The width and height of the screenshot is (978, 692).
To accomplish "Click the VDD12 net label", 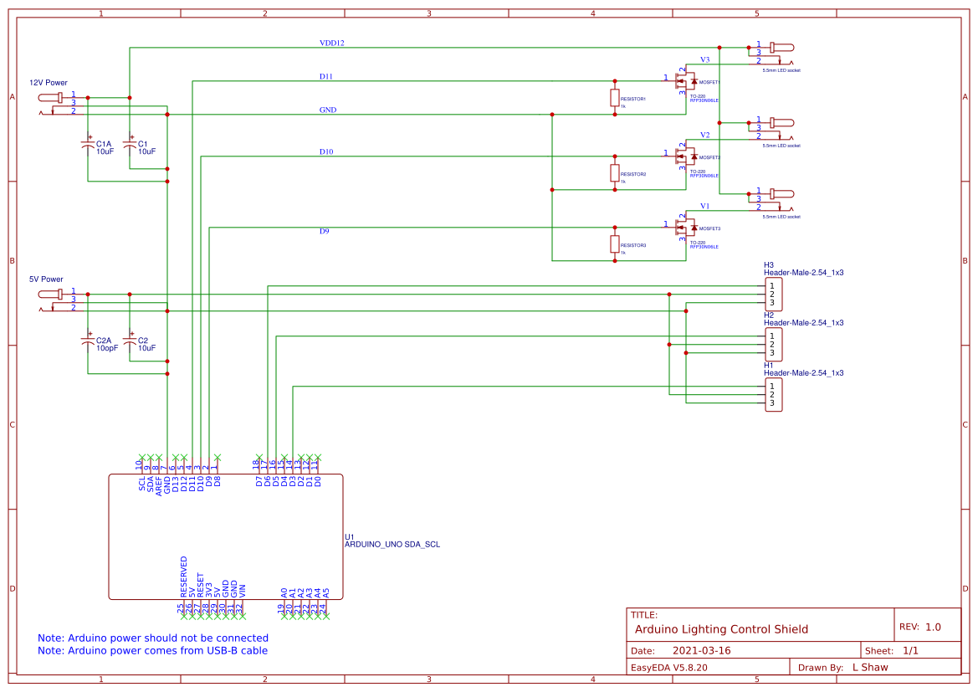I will tap(331, 43).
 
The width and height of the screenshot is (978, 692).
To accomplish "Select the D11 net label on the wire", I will tap(325, 76).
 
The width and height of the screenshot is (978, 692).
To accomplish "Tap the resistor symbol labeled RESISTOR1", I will tap(615, 98).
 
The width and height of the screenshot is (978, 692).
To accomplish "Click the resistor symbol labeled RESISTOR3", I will tap(615, 244).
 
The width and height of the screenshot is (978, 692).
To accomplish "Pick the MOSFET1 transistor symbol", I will tap(687, 82).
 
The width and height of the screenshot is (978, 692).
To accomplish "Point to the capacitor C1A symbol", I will tap(88, 146).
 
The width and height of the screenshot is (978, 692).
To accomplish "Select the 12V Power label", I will tap(49, 83).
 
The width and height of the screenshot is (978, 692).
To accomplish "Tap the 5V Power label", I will tap(46, 279).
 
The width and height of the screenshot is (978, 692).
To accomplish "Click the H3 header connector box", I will tap(773, 294).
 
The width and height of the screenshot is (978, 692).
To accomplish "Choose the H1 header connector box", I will tap(773, 394).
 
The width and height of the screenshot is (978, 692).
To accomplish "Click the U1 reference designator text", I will tap(350, 536).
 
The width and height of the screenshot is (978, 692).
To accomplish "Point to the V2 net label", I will tap(704, 135).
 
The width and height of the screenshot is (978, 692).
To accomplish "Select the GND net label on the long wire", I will tap(328, 110).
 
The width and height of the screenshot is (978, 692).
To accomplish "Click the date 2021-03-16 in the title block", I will tap(701, 650).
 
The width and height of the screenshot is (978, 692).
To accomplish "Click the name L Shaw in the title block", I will tap(869, 667).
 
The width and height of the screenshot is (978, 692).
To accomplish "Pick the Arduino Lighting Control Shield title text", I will tap(721, 629).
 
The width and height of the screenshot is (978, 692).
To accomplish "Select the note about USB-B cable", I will tap(152, 650).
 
